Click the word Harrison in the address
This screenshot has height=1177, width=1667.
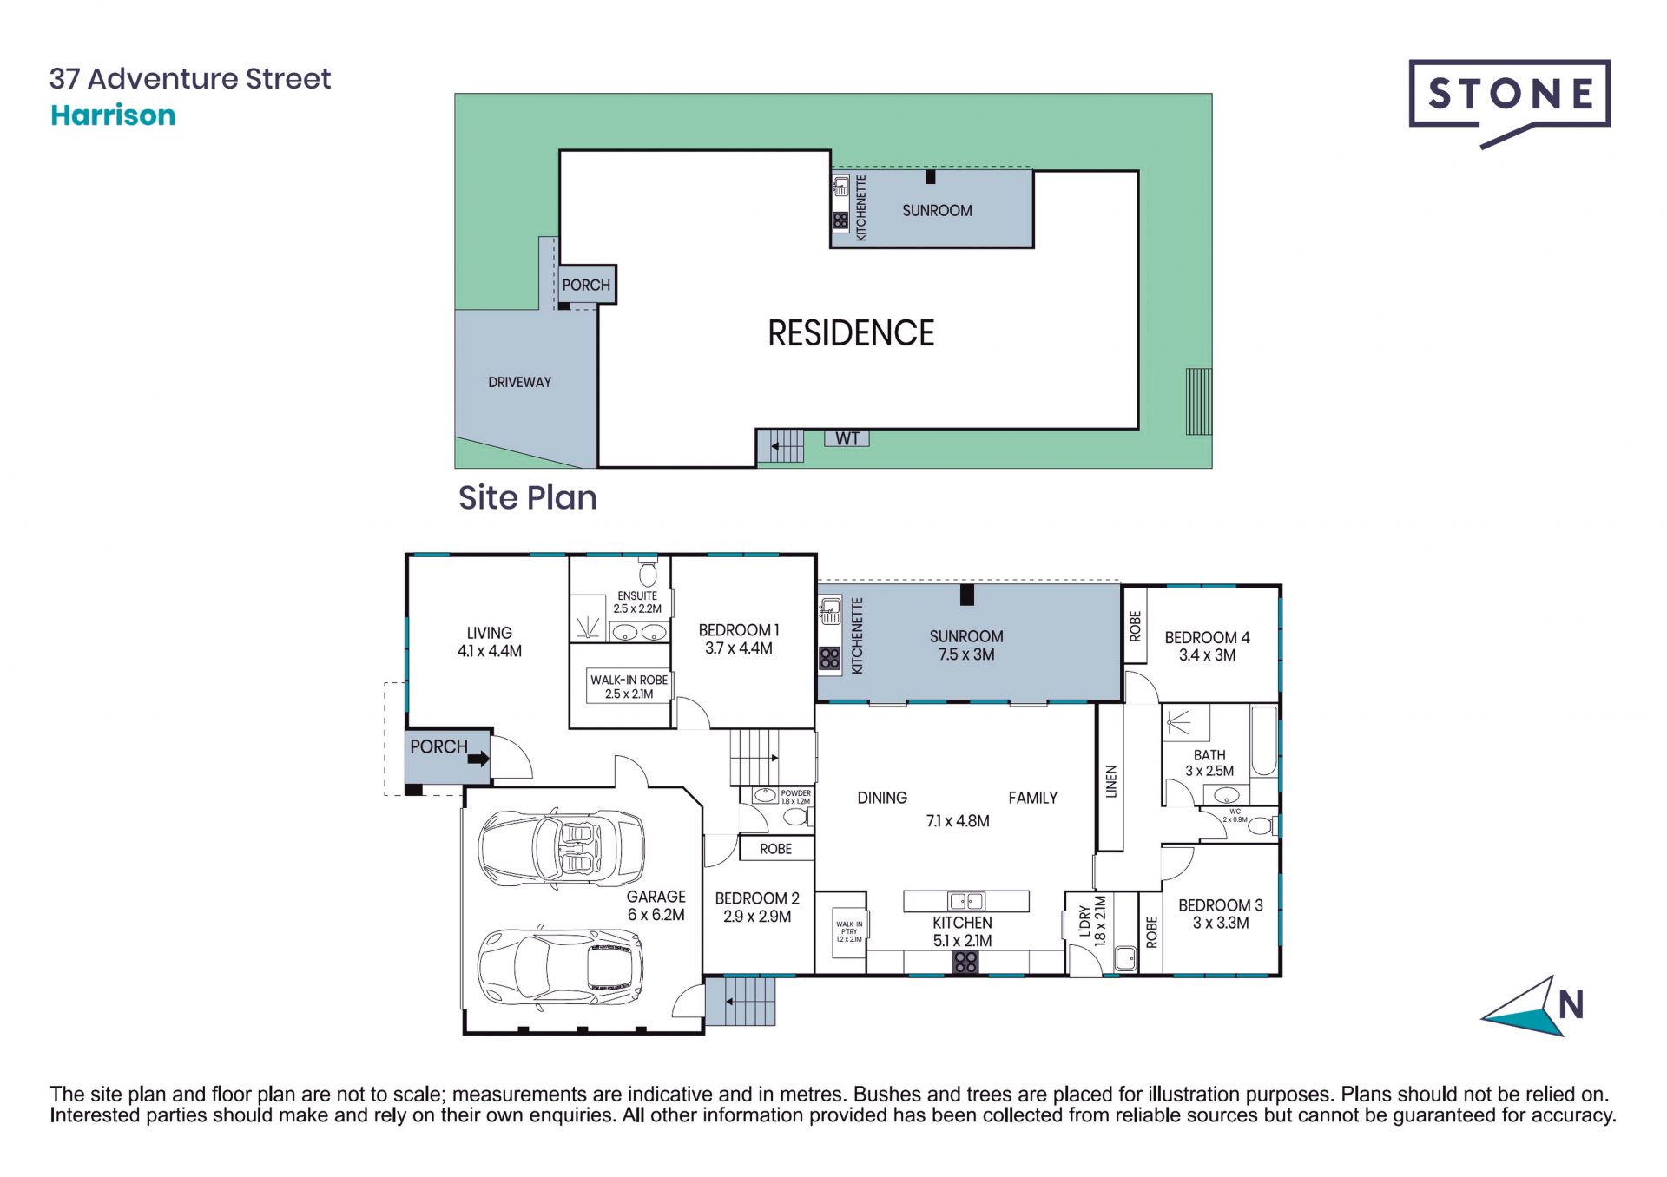(x=113, y=115)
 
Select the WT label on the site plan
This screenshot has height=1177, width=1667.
(x=847, y=438)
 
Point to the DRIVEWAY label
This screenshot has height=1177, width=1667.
(x=519, y=382)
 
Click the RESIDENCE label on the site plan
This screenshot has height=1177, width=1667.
(x=851, y=333)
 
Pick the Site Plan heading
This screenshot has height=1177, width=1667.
(x=528, y=497)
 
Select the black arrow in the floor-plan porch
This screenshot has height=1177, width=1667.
(x=478, y=759)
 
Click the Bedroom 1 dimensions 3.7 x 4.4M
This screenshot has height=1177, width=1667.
(x=738, y=648)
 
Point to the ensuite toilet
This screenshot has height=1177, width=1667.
(x=648, y=571)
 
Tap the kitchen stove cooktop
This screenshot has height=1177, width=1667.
(x=965, y=962)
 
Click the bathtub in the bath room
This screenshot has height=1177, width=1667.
(x=1264, y=740)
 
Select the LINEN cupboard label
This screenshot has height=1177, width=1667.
(x=1111, y=781)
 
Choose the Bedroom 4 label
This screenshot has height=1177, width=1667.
(x=1207, y=637)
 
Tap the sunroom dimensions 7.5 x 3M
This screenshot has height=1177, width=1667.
(x=966, y=654)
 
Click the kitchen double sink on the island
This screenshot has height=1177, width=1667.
(x=965, y=901)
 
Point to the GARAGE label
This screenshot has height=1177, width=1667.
(x=656, y=897)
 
